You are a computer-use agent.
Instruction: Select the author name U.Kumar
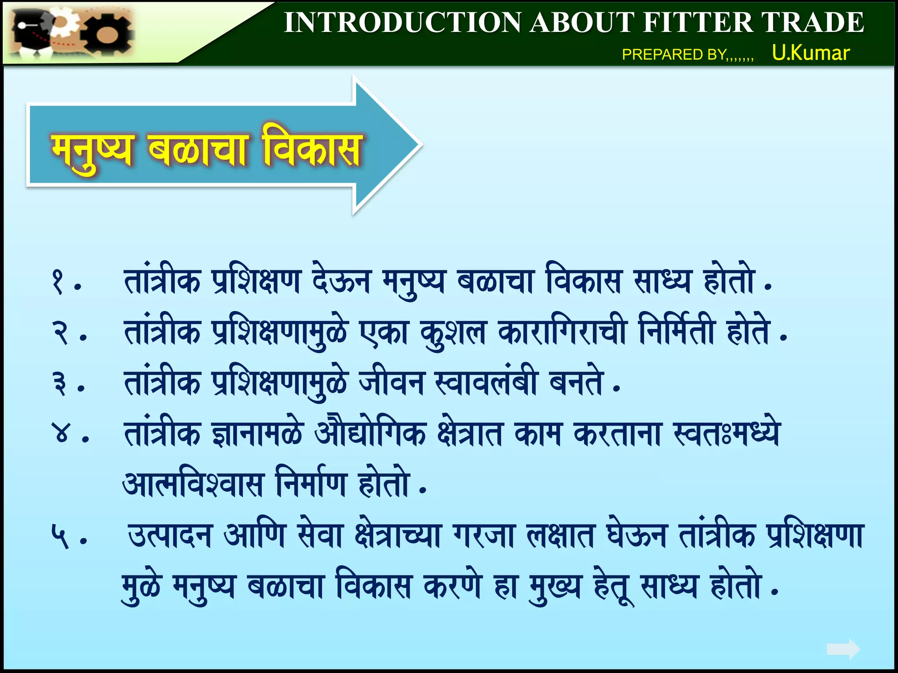(811, 53)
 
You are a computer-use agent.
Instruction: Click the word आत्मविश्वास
(193, 484)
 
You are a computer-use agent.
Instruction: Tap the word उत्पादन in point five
(170, 536)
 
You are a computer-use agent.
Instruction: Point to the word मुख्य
(555, 587)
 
